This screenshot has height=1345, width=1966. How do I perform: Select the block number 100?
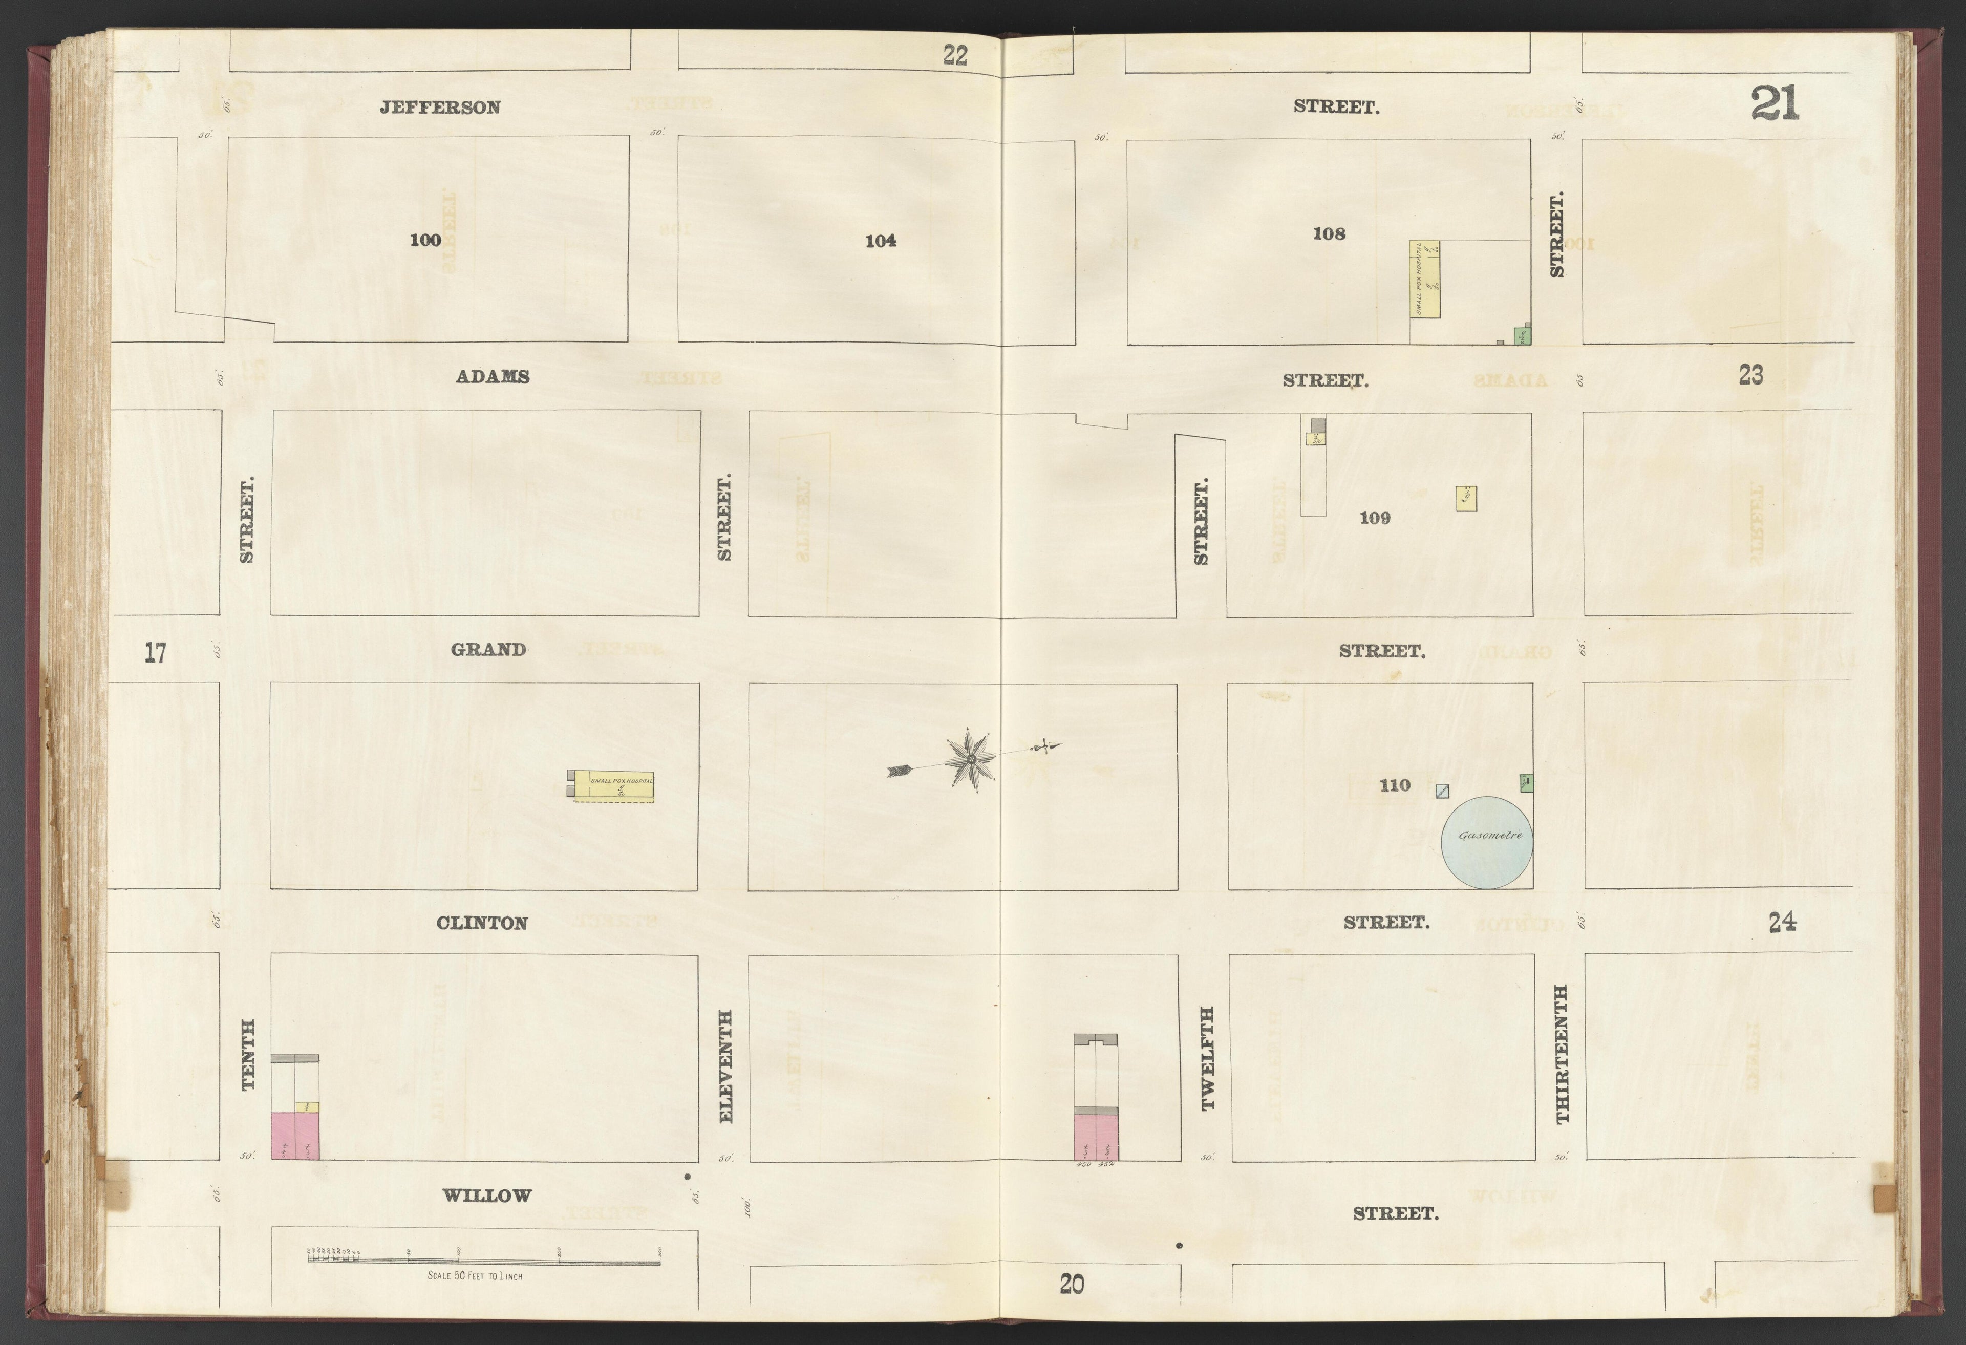coord(424,240)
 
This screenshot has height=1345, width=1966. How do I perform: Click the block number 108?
coord(1328,233)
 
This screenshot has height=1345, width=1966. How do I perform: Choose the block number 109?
coord(1375,518)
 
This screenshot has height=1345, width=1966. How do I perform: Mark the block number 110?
coord(1395,785)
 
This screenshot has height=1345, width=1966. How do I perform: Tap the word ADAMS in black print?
coord(493,376)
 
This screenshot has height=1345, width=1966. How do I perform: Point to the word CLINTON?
coord(482,923)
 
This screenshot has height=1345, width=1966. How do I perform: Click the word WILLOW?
coord(487,1195)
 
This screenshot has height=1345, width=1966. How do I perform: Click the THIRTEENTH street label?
coord(1562,1053)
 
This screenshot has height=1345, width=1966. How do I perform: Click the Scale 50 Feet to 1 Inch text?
coord(475,1276)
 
